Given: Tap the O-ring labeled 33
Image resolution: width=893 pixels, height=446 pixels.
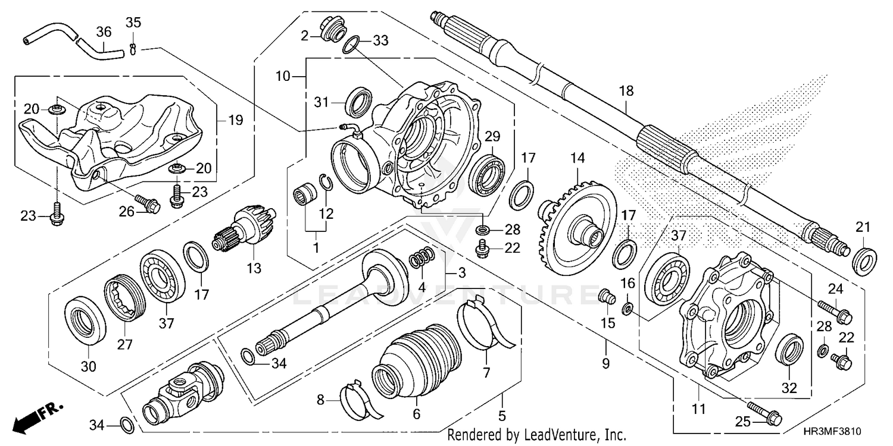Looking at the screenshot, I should (x=351, y=44).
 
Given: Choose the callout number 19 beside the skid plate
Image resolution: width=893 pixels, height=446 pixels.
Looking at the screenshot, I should (x=236, y=121).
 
